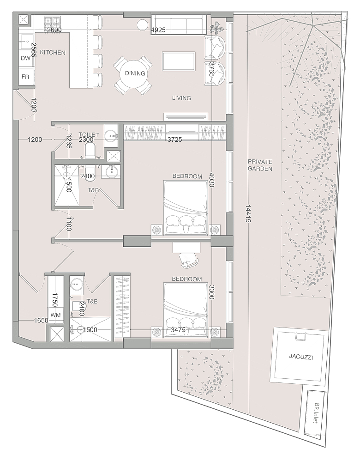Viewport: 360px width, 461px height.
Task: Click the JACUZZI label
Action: coord(300,357)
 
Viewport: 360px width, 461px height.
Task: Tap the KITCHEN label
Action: coord(53,53)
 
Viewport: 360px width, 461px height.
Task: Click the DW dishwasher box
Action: coord(26,58)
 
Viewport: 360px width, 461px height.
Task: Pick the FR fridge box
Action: coord(26,77)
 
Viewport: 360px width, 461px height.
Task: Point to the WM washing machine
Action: coord(55,315)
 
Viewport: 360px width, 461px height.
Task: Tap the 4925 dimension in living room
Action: coord(158,30)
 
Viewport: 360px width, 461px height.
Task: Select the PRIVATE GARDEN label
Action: coord(260,165)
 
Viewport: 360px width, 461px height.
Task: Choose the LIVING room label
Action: coord(181,98)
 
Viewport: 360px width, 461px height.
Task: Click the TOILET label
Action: coord(89,134)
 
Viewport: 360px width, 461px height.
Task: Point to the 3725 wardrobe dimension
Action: coord(174,140)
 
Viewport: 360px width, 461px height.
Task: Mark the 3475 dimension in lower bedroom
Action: coord(178,330)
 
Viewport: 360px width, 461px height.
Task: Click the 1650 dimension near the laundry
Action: coord(41,321)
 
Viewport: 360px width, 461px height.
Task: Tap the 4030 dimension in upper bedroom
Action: coord(211,180)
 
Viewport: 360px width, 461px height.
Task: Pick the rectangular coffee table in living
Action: coord(179,61)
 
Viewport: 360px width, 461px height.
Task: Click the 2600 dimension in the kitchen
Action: coord(54,30)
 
